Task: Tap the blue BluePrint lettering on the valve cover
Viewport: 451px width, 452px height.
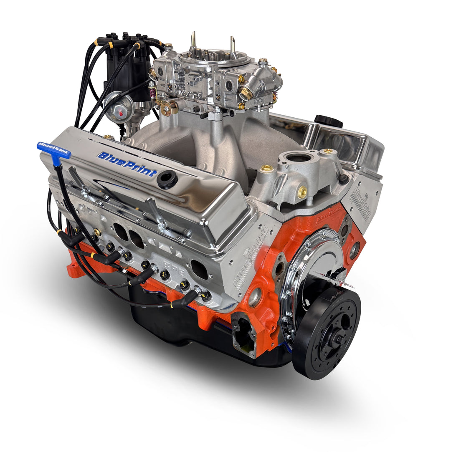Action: point(127,164)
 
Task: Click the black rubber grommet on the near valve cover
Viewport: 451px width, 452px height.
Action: point(167,179)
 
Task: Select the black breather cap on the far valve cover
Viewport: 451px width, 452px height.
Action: point(329,121)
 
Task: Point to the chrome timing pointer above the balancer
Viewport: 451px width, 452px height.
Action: point(334,279)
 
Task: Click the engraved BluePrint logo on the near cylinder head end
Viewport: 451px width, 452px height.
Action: point(246,267)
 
